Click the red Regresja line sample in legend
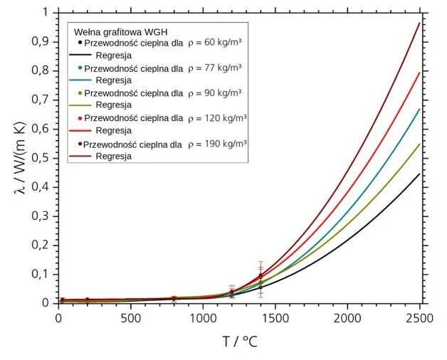pos(82,131)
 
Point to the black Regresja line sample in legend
pos(82,55)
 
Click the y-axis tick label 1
pos(47,13)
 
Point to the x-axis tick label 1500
pos(275,317)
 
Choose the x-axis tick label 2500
pos(419,317)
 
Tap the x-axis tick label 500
pos(130,317)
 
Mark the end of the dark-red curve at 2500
pos(419,23)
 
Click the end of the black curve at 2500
pos(419,174)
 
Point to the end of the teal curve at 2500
pos(419,109)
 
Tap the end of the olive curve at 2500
pos(419,144)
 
